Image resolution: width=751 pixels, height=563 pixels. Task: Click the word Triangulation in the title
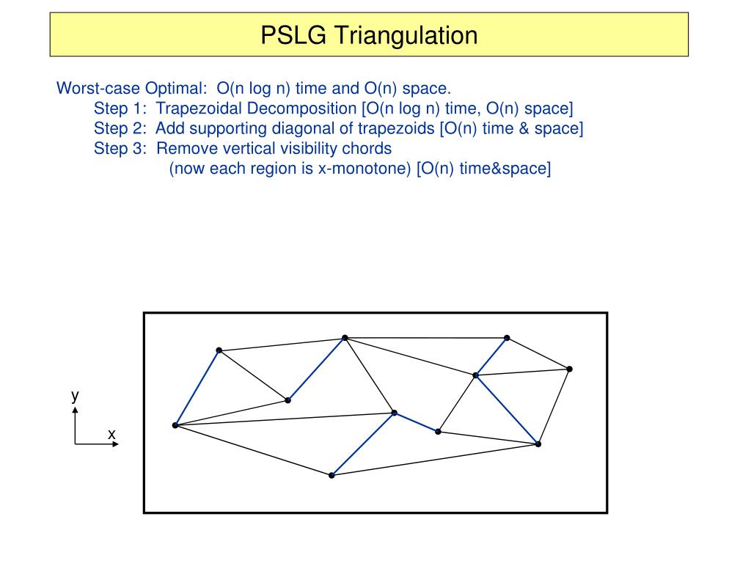coord(406,36)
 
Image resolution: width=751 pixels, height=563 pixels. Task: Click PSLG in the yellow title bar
coord(293,35)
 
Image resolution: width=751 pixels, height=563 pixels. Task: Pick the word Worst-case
coord(98,89)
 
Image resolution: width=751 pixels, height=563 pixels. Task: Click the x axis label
coord(111,434)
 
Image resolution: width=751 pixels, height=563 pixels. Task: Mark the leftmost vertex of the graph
coord(175,425)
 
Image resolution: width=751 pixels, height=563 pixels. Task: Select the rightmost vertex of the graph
coord(569,369)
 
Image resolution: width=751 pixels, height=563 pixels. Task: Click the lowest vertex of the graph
coord(331,475)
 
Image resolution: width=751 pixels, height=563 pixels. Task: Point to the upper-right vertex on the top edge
coord(507,338)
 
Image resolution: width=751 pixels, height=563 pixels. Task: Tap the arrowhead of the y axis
coord(76,410)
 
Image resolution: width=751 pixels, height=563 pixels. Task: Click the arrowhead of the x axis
coord(115,444)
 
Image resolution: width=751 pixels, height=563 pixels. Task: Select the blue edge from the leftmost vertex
coord(197,388)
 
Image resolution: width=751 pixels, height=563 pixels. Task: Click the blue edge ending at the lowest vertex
coord(363,444)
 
